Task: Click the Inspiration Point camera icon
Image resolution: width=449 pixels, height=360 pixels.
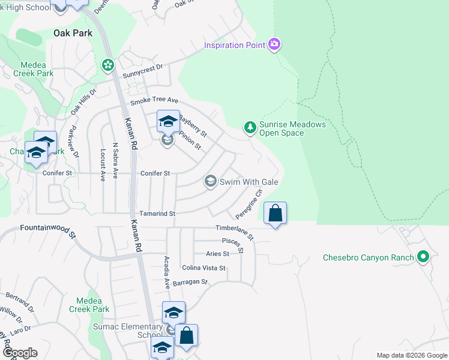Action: [274, 44]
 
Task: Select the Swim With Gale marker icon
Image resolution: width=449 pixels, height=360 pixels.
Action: [210, 181]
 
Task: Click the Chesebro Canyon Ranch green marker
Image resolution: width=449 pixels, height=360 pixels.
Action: [423, 257]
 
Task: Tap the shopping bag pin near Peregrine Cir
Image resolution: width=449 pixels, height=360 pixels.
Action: [275, 214]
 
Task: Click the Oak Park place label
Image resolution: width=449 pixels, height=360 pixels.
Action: [73, 33]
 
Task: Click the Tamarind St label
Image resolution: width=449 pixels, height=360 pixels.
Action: [157, 214]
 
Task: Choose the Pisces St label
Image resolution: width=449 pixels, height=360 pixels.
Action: [232, 244]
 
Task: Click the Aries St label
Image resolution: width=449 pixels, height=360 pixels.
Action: [214, 254]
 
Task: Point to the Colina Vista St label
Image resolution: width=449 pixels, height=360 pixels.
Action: [203, 268]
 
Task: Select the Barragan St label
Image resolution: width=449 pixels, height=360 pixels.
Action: [190, 282]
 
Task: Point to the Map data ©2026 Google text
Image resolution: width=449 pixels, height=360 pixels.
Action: [411, 355]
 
